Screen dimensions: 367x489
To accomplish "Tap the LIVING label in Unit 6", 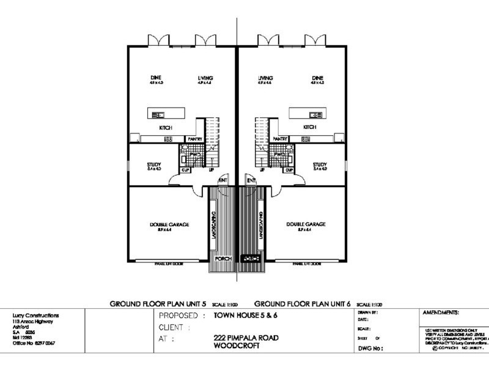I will (265, 78).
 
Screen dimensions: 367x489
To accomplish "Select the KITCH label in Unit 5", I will (166, 127).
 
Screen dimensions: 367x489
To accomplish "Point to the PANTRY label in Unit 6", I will (281, 139).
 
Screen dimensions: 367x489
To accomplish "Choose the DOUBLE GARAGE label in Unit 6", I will (306, 224).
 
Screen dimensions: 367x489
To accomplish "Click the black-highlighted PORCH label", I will (251, 258).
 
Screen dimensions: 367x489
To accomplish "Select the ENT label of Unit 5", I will (223, 179).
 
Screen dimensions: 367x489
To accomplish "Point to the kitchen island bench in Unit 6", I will (307, 114).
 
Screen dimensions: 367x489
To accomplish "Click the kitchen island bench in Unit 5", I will (166, 114).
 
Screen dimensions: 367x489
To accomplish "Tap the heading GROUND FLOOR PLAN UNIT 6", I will (302, 303).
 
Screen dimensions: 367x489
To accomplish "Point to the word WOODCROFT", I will (233, 346).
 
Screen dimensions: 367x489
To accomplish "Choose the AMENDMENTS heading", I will (441, 312).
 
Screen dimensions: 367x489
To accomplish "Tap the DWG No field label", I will (369, 349).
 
